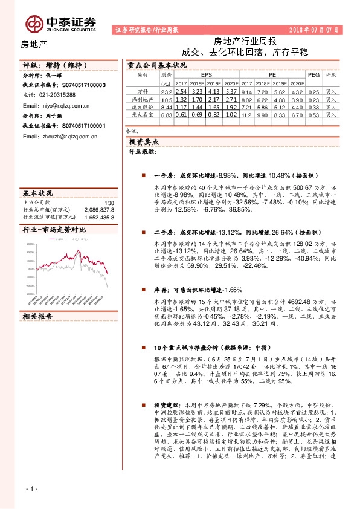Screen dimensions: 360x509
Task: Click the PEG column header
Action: [x=312, y=75]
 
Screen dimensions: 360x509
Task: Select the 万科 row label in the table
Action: [x=143, y=91]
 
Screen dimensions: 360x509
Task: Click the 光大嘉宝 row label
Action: [x=143, y=114]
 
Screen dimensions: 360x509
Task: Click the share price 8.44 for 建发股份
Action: [x=167, y=106]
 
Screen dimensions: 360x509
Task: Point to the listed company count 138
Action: [x=109, y=203]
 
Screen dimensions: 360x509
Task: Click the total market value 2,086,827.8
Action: [x=99, y=209]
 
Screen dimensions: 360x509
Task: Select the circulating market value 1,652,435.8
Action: [x=99, y=216]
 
